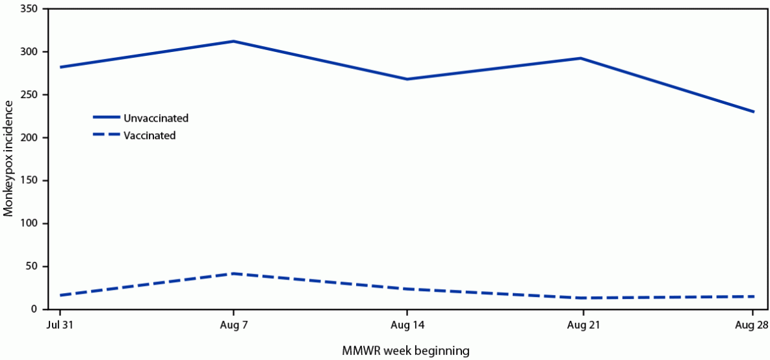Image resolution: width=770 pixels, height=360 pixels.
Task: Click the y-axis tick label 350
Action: pos(29,9)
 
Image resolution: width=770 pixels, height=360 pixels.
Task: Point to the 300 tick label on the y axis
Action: pos(29,52)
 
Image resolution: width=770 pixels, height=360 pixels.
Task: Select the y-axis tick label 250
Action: pos(29,95)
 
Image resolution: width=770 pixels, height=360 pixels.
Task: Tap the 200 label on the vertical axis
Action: pos(29,138)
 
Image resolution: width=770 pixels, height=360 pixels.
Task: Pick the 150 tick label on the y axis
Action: pos(29,181)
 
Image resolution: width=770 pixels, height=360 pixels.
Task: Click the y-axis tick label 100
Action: pos(29,224)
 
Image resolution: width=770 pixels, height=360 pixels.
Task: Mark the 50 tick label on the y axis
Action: pos(31,266)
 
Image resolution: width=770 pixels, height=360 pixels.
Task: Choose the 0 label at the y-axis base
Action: pos(34,309)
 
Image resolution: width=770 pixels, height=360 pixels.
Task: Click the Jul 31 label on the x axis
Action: pos(59,324)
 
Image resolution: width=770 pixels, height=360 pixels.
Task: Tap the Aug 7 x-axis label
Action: pos(233,324)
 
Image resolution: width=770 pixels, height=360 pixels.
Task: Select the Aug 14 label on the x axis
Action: pos(407,324)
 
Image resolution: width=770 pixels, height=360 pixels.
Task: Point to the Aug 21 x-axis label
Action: pos(581,324)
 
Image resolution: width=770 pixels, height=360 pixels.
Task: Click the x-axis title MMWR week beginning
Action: pos(405,351)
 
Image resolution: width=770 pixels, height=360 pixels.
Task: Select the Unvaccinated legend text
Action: pos(156,118)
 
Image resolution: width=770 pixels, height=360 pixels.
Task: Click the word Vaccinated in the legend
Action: pos(151,136)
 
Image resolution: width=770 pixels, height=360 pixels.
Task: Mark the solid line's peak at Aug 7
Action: pos(233,42)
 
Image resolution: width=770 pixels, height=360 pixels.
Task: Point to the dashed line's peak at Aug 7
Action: pos(233,274)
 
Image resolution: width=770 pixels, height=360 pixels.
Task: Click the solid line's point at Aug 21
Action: pos(581,58)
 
